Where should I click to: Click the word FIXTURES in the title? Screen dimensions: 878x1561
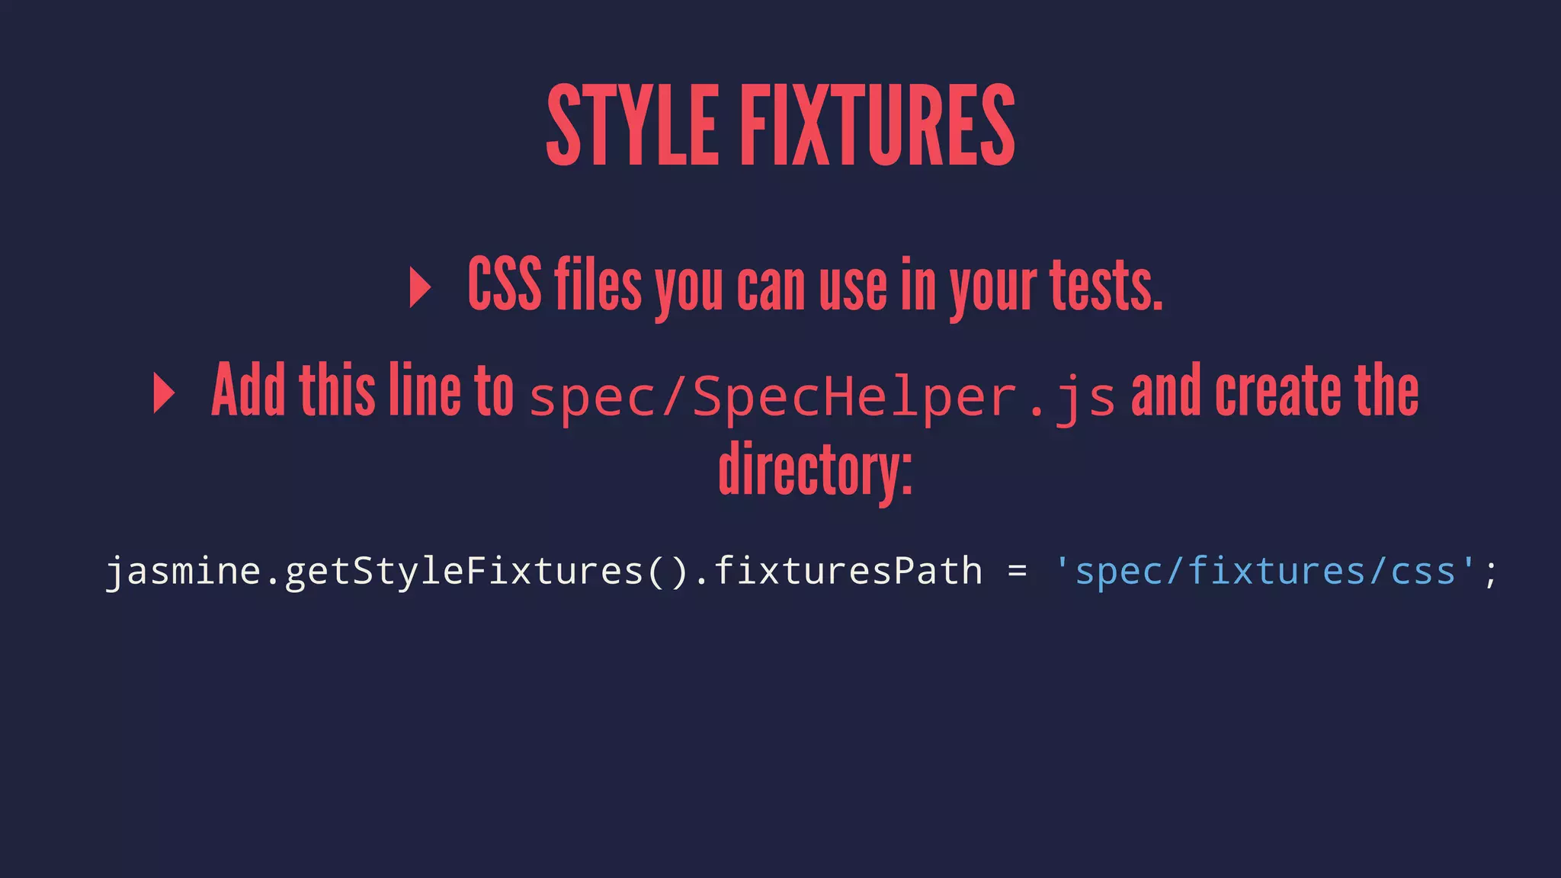click(878, 126)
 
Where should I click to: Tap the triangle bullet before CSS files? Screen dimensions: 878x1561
click(420, 287)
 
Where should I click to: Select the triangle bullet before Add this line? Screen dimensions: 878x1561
click(164, 393)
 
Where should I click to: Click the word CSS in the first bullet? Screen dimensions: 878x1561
click(505, 285)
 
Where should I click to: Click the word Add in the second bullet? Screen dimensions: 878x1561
click(248, 390)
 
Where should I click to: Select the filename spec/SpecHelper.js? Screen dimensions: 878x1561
click(822, 398)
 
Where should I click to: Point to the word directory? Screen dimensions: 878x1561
click(815, 470)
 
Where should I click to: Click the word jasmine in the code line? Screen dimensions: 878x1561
click(183, 572)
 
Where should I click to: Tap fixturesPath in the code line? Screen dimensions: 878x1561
click(848, 572)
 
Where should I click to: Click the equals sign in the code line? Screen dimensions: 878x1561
click(1018, 570)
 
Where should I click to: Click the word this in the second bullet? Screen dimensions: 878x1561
click(337, 390)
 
